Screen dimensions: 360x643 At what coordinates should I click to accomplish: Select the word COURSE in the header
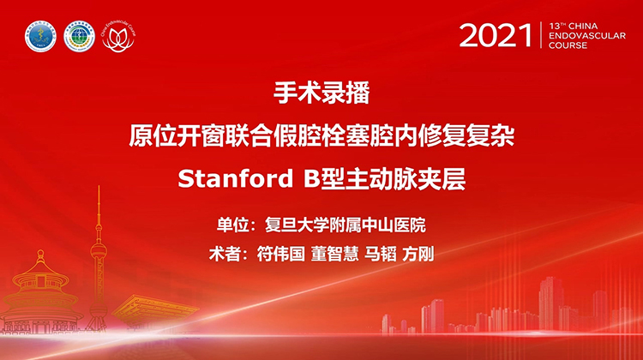[x=568, y=45]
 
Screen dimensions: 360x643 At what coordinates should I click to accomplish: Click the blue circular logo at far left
[x=39, y=37]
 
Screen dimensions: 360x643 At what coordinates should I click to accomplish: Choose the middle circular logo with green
[x=79, y=37]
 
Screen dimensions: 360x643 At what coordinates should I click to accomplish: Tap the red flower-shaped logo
[x=117, y=37]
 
